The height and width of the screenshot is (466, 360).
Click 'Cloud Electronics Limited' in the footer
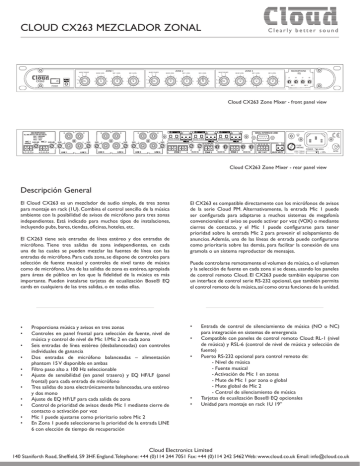pos(180,450)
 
